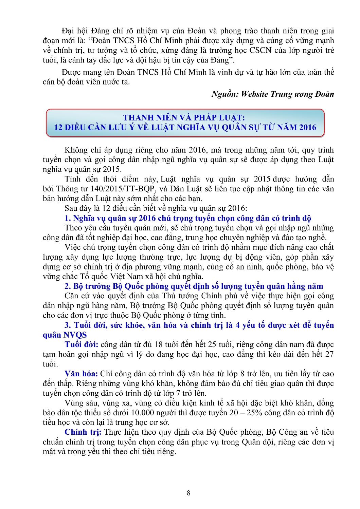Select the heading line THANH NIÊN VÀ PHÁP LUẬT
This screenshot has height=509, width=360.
184,117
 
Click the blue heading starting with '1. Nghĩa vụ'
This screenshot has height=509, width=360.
188,218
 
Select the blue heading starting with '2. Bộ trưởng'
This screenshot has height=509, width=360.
194,286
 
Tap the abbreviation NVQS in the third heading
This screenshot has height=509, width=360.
75,335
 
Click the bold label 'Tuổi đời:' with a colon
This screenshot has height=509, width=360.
82,345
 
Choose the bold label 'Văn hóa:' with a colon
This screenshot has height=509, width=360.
81,374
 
